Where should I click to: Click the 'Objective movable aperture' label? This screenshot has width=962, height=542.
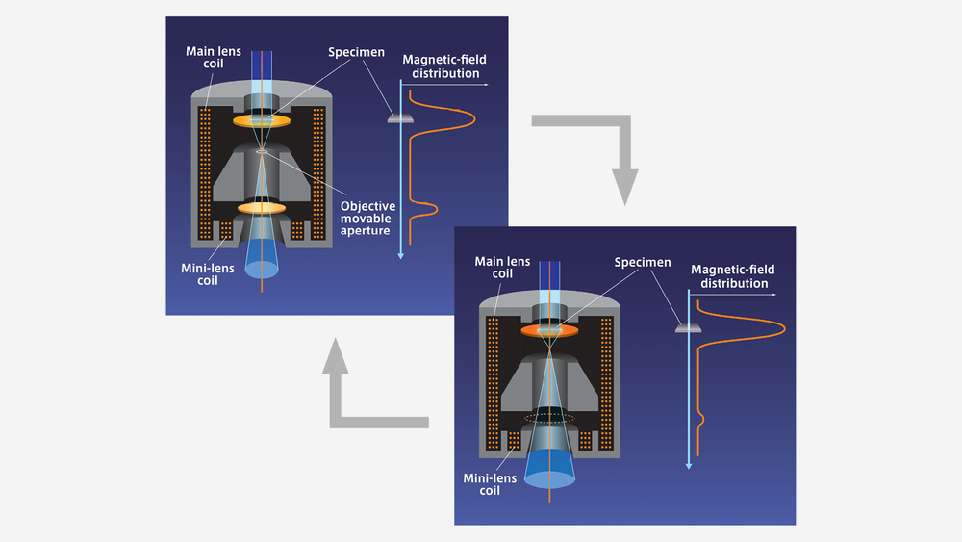tap(367, 218)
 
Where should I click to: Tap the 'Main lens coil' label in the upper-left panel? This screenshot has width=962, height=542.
tap(214, 57)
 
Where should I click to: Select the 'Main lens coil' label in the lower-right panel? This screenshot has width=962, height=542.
tap(502, 267)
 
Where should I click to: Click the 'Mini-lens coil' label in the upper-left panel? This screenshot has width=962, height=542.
tap(208, 273)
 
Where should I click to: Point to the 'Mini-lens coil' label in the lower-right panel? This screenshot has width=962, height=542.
tap(490, 483)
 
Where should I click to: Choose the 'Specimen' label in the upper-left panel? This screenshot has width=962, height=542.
tap(356, 52)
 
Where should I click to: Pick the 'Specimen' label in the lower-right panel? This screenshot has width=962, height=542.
tap(643, 262)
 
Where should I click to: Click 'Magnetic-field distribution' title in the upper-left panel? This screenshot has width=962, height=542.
tap(444, 66)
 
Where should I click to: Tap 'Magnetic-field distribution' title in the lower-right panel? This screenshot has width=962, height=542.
tap(733, 276)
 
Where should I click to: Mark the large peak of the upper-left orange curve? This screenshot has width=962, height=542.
tap(473, 117)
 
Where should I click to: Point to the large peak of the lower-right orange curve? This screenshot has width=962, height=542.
tap(783, 328)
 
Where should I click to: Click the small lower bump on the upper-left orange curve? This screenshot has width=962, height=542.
tap(435, 209)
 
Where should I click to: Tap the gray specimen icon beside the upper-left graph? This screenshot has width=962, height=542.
tap(400, 118)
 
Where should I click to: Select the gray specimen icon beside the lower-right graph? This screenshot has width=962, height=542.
tap(688, 328)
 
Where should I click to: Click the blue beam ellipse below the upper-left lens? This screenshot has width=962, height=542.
tap(262, 269)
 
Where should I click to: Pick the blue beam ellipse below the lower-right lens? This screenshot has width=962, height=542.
tap(549, 478)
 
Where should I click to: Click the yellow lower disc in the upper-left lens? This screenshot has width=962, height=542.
tap(262, 208)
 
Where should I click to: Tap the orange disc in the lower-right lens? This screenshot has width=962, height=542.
tap(549, 331)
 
